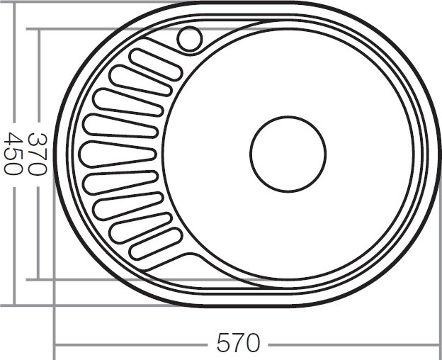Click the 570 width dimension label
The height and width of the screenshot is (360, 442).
(238, 342)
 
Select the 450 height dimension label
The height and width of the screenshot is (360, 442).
(13, 154)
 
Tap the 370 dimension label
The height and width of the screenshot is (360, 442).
(38, 154)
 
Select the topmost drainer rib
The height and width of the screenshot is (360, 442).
(155, 64)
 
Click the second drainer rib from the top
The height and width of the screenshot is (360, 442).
(141, 81)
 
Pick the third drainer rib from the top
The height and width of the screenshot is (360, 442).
(128, 103)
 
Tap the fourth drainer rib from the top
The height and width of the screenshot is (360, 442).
(120, 126)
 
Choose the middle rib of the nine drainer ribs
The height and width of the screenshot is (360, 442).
(118, 154)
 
